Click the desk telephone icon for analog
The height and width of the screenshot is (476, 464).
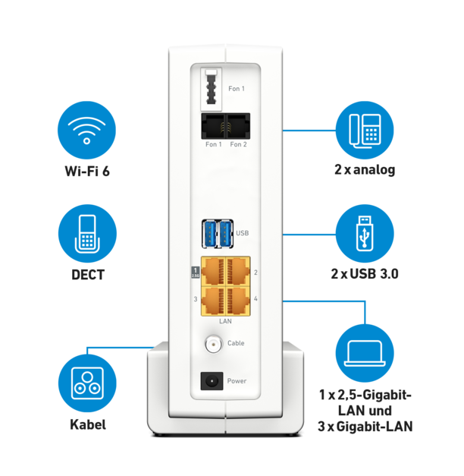pyautogui.click(x=365, y=130)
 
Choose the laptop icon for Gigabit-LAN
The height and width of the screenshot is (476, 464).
pyautogui.click(x=365, y=352)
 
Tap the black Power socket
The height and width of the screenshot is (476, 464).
pyautogui.click(x=212, y=380)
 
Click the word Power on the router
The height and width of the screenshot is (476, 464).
pyautogui.click(x=237, y=380)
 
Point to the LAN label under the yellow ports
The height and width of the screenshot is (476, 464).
pyautogui.click(x=225, y=322)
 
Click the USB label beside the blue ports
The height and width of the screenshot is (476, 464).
pyautogui.click(x=243, y=233)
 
